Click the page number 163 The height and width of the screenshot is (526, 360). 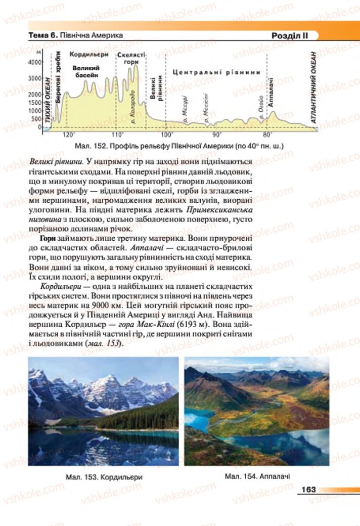[308, 489]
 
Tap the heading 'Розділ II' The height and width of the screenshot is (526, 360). [287, 36]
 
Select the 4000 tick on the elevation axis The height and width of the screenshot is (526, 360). [34, 63]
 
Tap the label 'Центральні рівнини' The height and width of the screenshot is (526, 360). [216, 72]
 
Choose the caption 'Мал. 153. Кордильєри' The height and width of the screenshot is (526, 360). [103, 477]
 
